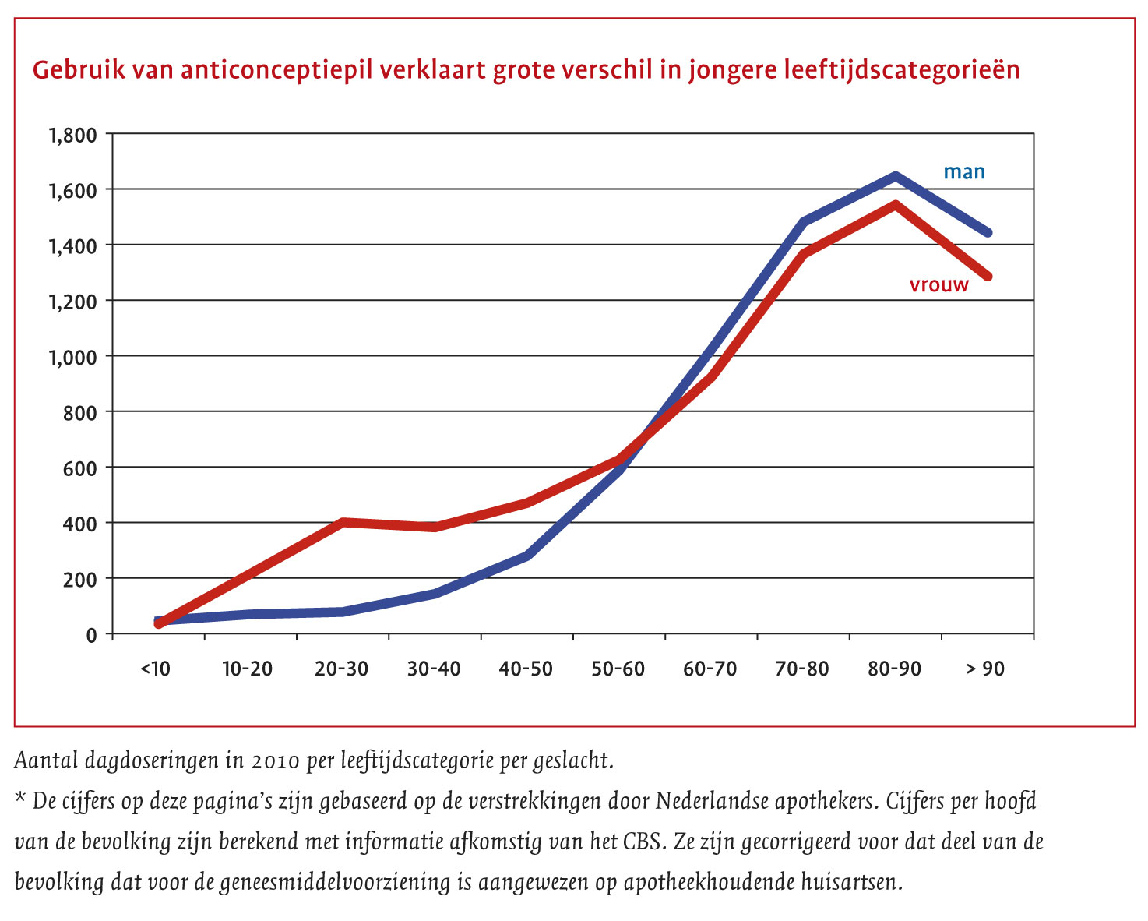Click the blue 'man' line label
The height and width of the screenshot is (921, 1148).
964,172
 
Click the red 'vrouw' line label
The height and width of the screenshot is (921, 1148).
938,285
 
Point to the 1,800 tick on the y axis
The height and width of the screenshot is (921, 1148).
73,135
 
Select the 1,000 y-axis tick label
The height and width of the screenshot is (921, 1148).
73,357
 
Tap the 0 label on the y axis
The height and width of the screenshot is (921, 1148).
92,635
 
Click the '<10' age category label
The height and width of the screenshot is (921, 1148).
155,669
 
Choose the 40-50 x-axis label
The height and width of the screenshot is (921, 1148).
526,669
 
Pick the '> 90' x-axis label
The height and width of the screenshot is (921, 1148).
985,669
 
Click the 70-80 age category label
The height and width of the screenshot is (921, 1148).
802,669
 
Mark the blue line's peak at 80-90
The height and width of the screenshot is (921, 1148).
896,176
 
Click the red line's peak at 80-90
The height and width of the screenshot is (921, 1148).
896,205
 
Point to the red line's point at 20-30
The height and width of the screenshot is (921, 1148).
343,522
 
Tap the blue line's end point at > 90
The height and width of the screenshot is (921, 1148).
988,232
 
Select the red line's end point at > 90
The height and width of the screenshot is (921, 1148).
988,276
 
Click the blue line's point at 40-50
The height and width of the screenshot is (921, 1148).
527,556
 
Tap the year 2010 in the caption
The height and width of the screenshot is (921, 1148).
275,760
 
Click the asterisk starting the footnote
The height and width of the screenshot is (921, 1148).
20,798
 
